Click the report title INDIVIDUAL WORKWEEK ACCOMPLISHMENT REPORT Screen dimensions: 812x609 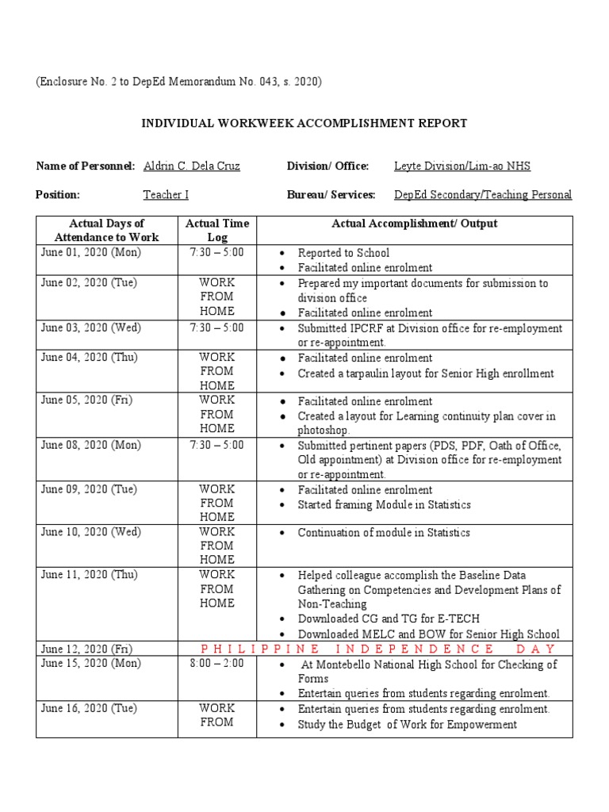pos(304,123)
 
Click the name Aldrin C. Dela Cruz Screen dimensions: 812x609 pos(191,166)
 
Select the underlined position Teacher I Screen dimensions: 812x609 pos(166,194)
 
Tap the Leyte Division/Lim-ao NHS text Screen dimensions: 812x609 pos(462,166)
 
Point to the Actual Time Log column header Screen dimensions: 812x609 pos(217,230)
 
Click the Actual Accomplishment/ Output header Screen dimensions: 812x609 pos(414,224)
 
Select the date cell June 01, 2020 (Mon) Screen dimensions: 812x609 pos(91,252)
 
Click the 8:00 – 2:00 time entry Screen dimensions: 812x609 pos(216,663)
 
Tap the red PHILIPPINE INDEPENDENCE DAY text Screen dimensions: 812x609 pos(380,649)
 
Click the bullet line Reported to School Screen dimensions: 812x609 pos(343,253)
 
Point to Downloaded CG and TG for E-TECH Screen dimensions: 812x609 pos(389,619)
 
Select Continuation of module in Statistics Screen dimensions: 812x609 pos(384,532)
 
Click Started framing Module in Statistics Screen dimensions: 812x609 pos(384,505)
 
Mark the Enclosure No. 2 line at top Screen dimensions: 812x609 pos(179,82)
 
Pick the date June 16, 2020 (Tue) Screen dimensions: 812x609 pos(90,708)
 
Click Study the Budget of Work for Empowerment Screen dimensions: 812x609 pos(407,724)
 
